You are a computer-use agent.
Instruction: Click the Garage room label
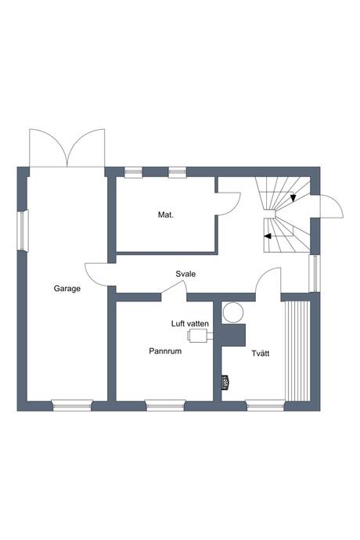67,289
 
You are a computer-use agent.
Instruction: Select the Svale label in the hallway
185,274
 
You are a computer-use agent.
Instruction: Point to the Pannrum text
165,352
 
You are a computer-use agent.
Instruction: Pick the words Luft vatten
190,322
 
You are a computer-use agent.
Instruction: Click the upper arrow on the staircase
293,198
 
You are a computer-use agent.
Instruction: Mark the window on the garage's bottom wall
72,405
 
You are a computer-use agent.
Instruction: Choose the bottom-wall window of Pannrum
164,405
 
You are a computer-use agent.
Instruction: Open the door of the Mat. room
229,201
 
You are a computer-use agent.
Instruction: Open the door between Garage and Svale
98,274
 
